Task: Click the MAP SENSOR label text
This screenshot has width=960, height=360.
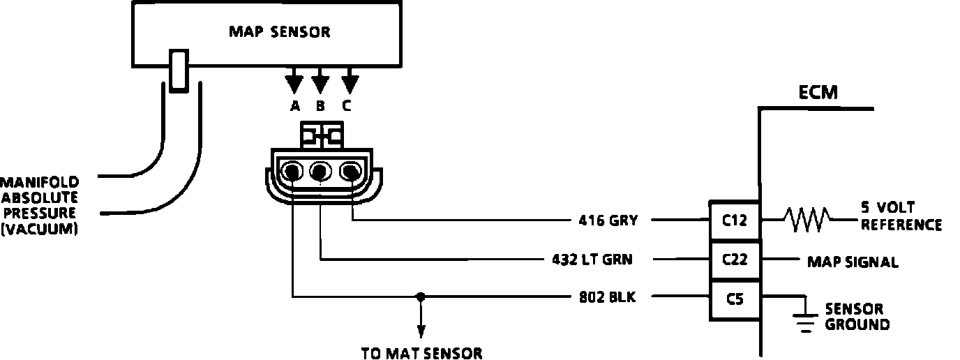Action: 280,32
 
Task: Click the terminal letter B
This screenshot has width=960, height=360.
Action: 320,107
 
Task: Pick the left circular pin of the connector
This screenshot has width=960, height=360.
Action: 292,170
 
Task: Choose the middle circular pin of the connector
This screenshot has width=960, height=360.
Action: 320,170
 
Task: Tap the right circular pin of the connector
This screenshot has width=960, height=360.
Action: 350,170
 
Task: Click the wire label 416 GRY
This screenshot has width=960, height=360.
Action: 608,221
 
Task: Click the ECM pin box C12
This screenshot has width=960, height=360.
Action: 735,221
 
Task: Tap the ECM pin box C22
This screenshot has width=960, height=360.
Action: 735,260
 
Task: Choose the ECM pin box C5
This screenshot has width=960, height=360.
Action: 735,299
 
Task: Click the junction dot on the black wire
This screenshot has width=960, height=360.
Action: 420,297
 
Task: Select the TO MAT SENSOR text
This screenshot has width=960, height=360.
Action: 421,353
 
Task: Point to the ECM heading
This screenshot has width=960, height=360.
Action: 819,92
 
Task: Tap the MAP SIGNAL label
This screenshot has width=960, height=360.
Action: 853,262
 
